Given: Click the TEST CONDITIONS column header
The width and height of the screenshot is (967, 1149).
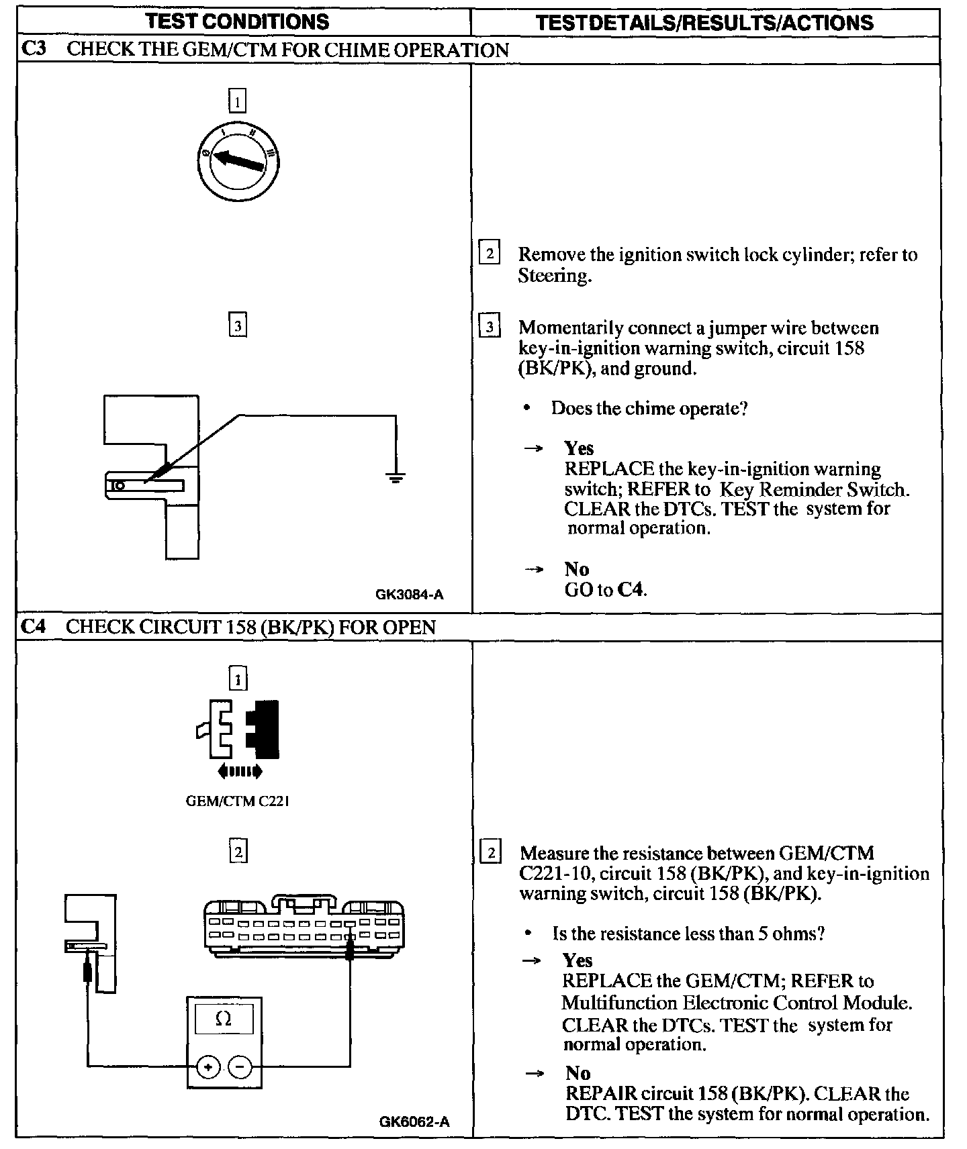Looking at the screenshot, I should pos(238,22).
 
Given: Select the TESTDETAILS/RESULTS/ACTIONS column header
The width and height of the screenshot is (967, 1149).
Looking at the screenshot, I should pos(705,23).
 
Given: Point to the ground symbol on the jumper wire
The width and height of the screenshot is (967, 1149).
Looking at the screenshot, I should pos(396,478).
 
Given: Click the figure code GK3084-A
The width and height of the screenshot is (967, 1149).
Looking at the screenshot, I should pos(410,594).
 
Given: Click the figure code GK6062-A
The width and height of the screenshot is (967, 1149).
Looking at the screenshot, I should pos(414,1121).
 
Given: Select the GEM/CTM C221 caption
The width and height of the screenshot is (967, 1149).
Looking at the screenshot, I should pos(238,801).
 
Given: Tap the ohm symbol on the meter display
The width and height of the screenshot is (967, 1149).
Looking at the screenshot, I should pos(224,1019).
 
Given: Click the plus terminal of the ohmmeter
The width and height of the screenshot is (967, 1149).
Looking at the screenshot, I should pos(208,1066).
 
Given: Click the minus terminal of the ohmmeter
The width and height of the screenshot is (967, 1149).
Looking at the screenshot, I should pos(240,1066).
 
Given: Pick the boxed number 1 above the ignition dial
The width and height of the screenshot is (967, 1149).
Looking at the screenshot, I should pos(238,101).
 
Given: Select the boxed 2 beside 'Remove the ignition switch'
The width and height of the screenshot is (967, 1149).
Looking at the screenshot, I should pos(490,254).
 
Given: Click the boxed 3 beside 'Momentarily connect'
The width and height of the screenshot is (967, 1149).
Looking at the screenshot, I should pos(490,327).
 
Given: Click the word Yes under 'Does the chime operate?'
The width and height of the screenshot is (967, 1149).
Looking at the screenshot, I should pos(579,448).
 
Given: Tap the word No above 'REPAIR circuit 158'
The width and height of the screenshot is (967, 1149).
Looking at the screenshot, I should pos(578,1072).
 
